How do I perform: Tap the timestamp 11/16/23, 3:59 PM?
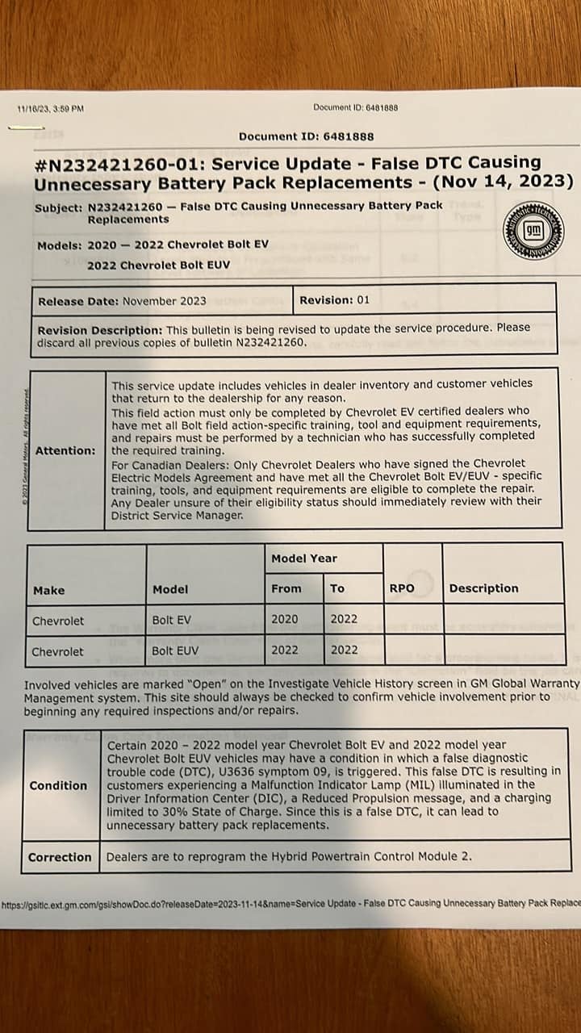click(x=50, y=109)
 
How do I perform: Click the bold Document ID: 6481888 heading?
click(x=307, y=136)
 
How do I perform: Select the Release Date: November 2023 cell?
click(x=122, y=300)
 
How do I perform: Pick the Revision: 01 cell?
click(x=334, y=299)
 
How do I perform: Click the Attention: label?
click(x=65, y=450)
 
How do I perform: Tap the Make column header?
click(x=49, y=590)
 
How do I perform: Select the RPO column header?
click(x=402, y=588)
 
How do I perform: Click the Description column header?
click(x=483, y=588)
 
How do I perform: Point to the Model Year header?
click(x=304, y=558)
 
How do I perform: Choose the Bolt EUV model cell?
click(x=175, y=650)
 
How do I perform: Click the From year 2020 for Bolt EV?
click(x=285, y=619)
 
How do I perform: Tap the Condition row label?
click(x=58, y=785)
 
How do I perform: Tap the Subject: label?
click(x=58, y=207)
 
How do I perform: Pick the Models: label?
click(x=60, y=245)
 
